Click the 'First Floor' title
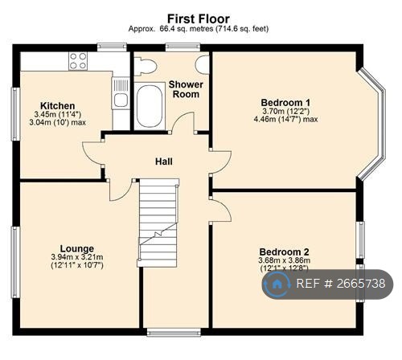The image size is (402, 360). point(198,18)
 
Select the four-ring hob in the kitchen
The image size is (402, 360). point(78,61)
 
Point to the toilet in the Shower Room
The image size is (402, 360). point(145,67)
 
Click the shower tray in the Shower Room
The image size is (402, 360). point(149,107)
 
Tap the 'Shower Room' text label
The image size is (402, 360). point(185,89)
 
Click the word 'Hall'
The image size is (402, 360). point(163,162)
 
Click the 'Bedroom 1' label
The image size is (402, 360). point(285,102)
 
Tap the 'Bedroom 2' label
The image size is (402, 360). point(283,252)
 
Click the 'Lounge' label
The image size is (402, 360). point(76,248)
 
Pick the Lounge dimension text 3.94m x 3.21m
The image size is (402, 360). point(77,257)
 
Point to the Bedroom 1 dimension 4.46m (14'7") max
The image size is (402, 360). point(285,120)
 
